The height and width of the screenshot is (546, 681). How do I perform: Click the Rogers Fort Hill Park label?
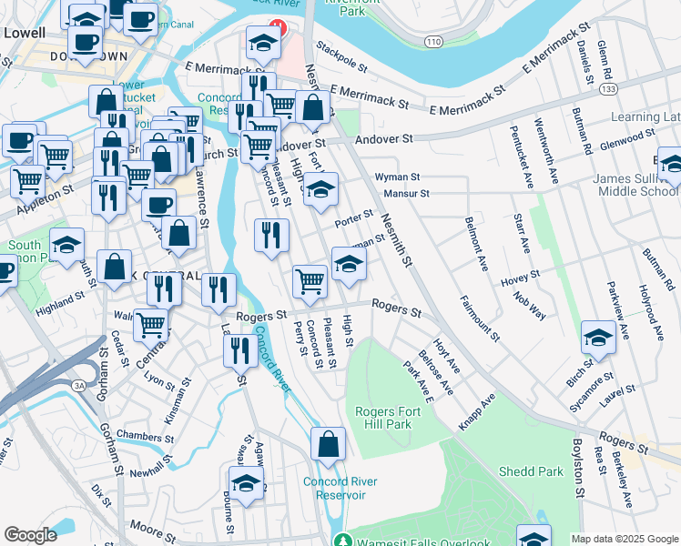383,418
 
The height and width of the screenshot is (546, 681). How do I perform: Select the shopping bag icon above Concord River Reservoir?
328,445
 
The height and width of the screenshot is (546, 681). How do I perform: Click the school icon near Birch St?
598,338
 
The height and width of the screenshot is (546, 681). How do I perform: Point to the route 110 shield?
433,42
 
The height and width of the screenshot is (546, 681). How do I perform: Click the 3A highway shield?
78,387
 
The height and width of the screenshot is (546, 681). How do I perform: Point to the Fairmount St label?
480,318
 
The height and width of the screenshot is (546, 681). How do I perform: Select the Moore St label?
146,525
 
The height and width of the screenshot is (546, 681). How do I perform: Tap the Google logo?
30,535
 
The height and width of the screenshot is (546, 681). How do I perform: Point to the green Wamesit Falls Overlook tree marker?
341,540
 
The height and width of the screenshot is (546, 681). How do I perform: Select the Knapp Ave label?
477,411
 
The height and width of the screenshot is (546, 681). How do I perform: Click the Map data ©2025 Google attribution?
624,539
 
